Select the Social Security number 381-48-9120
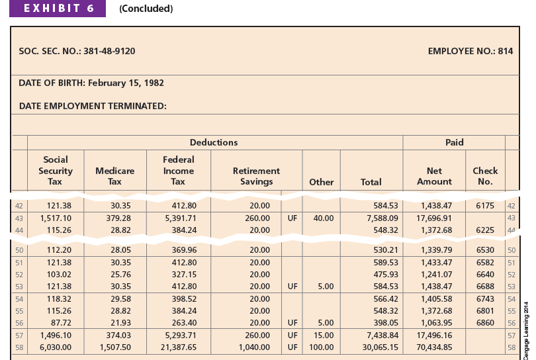click(x=111, y=51)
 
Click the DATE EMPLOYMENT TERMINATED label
click(x=92, y=105)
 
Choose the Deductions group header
click(x=214, y=142)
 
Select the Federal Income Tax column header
click(x=179, y=170)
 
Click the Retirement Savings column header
click(x=256, y=176)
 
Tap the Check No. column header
click(x=485, y=176)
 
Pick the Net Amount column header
click(x=434, y=176)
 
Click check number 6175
click(x=485, y=206)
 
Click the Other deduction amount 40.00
click(x=324, y=218)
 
